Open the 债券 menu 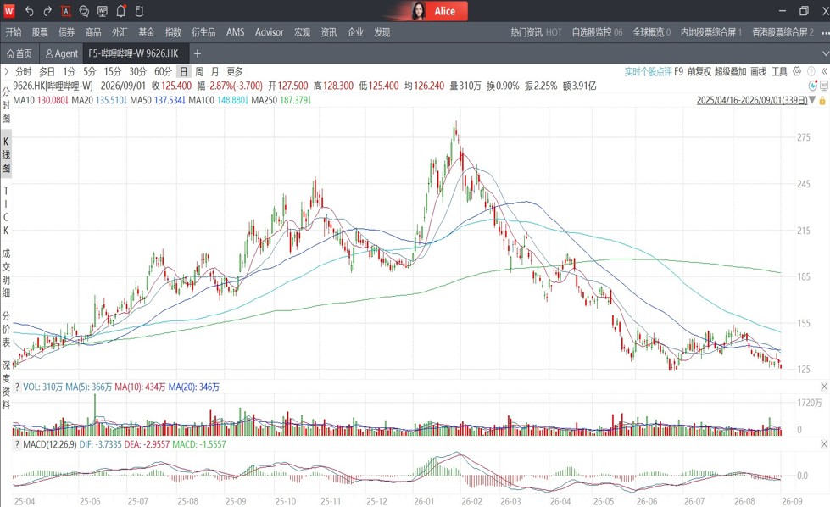coord(67,32)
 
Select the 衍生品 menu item coord(203,32)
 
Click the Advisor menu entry coord(269,32)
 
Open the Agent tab coord(61,53)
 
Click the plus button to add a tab coord(198,53)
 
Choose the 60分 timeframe coord(163,71)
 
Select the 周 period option coord(199,71)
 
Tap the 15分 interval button coord(112,71)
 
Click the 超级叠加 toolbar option coord(730,71)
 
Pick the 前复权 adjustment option coord(699,71)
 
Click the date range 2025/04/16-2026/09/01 coord(752,100)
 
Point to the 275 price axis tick coord(804,137)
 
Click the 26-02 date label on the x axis coord(471,501)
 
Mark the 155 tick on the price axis coord(804,323)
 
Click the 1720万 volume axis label coord(810,404)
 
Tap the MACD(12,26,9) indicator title coord(50,444)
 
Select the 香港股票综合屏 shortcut coord(779,32)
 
